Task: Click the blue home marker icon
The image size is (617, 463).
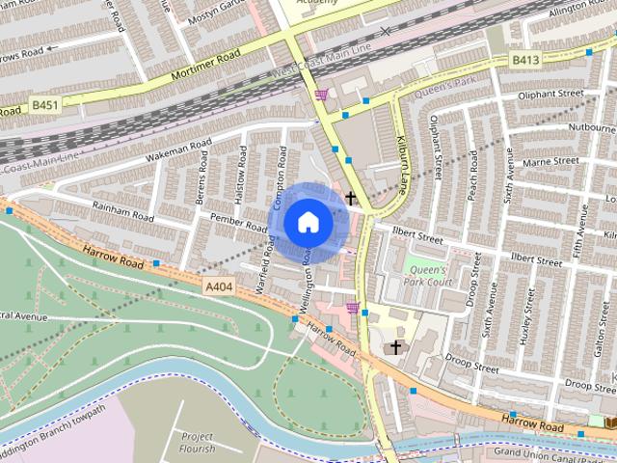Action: click(308, 222)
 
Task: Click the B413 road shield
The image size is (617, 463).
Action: click(525, 60)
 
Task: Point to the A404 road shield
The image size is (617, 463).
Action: click(219, 286)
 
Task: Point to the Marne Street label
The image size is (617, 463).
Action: click(552, 161)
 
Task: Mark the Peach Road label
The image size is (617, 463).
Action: click(472, 179)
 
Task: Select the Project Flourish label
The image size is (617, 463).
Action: click(198, 442)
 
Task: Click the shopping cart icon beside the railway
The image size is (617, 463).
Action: click(321, 94)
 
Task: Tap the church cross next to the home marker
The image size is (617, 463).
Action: click(351, 199)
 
